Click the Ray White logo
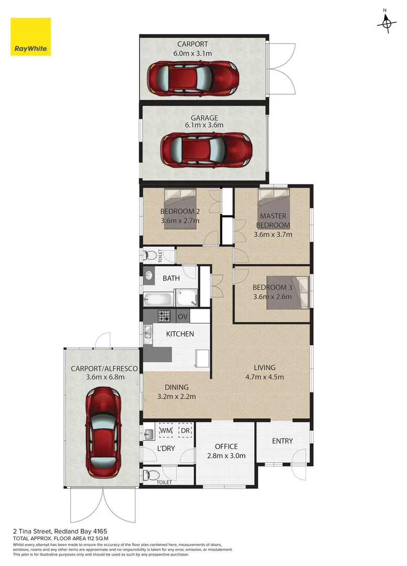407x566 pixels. pos(31,37)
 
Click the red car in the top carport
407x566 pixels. pos(193,78)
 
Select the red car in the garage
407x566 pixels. pos(205,149)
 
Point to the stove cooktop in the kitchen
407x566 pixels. pos(165,316)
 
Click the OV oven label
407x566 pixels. pos(183,317)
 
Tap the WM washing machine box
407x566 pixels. pos(166,431)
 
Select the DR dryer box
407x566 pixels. pos(185,431)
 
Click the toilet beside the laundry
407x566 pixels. pos(151,475)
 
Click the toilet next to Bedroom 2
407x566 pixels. pos(152,256)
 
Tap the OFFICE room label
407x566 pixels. pos(227,447)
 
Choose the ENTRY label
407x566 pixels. pos(282,441)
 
